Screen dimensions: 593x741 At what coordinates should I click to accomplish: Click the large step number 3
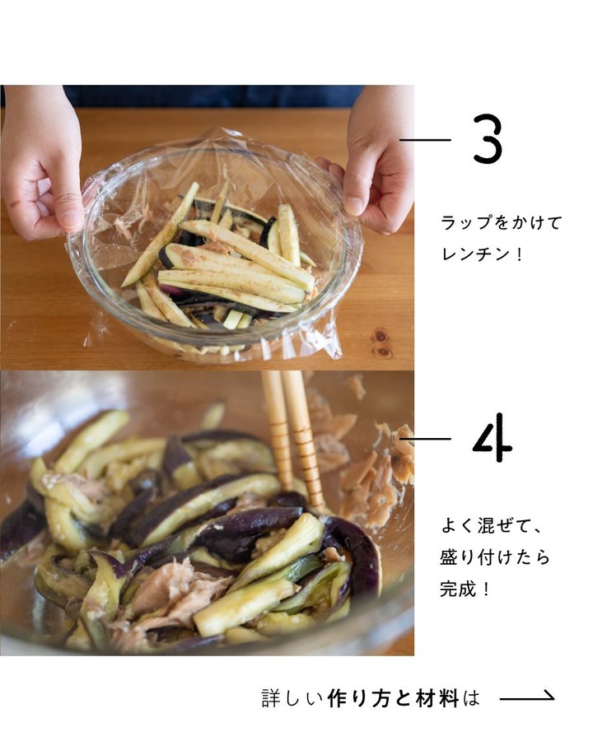[x=487, y=139]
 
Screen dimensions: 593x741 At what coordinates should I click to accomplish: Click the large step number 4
[x=492, y=438]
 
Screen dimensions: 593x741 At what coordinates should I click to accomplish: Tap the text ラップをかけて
[x=502, y=222]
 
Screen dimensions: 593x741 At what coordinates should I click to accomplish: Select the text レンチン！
[x=482, y=254]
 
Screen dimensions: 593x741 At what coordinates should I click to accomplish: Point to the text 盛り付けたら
[x=495, y=557]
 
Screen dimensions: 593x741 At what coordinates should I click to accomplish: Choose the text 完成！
[x=465, y=589]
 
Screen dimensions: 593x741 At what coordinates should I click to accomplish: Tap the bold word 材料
[x=437, y=698]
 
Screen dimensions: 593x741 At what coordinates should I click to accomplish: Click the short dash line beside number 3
[x=425, y=140]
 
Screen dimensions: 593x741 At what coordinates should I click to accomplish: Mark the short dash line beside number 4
[x=425, y=439]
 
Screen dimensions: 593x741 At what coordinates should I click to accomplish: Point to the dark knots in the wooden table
[x=381, y=344]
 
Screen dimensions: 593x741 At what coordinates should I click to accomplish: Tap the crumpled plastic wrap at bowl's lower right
[x=326, y=338]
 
